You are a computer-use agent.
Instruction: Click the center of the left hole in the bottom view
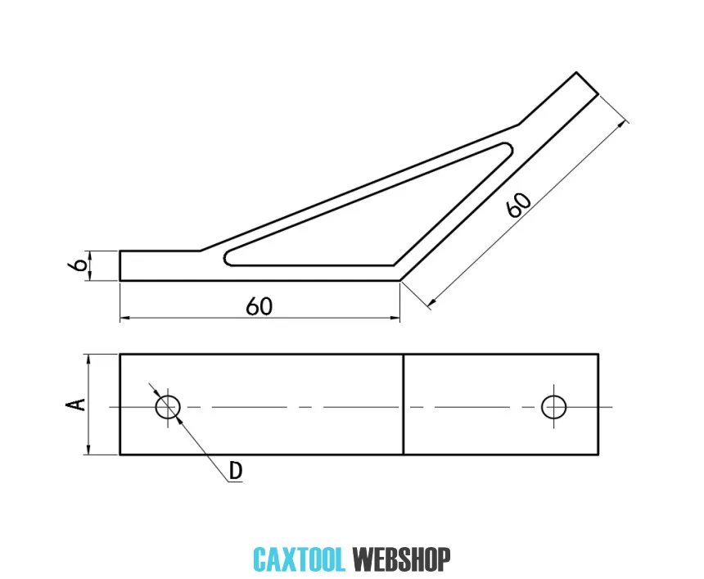[168, 407]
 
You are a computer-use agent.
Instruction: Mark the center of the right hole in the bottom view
[553, 407]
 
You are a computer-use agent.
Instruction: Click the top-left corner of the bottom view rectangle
[120, 355]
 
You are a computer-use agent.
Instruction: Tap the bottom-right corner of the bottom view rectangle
[598, 455]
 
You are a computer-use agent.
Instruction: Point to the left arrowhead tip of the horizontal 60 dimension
[120, 318]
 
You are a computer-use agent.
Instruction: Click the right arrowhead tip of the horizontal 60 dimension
[399, 318]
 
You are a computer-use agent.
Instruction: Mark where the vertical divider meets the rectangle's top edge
[404, 355]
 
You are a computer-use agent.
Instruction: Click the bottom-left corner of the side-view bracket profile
[120, 281]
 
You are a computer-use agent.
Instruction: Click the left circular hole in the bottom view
[168, 407]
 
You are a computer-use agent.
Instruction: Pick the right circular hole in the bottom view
[553, 407]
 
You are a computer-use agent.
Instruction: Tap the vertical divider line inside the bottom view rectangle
[404, 405]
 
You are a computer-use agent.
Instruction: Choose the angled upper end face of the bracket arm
[587, 83]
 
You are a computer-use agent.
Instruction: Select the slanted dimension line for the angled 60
[527, 214]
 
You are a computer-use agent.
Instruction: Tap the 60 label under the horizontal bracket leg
[259, 306]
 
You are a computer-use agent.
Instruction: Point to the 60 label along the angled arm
[519, 206]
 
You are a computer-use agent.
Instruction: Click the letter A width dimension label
[75, 405]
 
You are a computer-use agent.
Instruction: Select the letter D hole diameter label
[235, 471]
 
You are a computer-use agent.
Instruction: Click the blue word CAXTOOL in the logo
[299, 559]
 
